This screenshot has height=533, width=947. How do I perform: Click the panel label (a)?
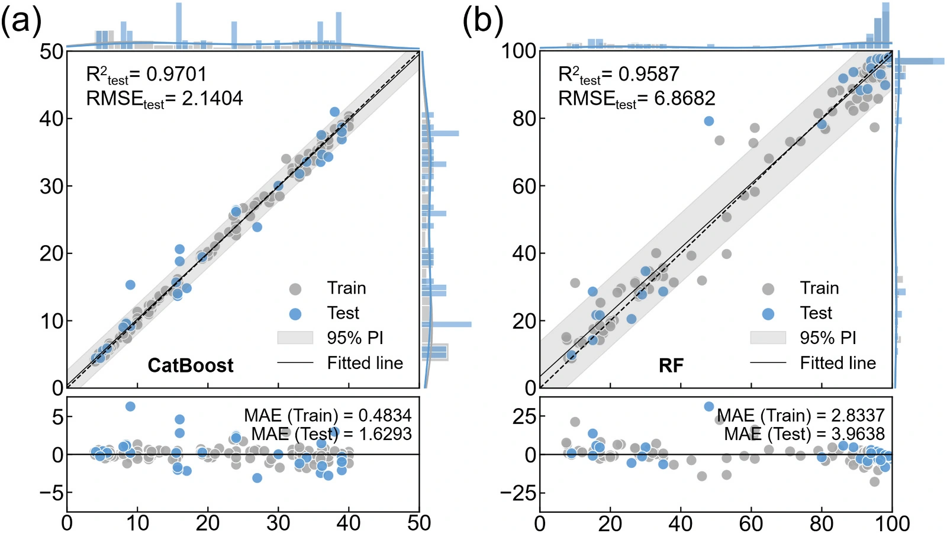[x=21, y=20]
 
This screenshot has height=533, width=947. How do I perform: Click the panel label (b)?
[x=483, y=20]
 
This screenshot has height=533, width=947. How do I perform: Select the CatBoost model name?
[x=190, y=365]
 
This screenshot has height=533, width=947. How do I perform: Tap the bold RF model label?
[x=671, y=365]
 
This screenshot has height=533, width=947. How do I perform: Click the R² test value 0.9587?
[x=649, y=74]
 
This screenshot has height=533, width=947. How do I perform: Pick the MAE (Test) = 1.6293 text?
[x=331, y=434]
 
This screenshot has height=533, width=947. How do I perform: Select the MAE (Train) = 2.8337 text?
[x=801, y=415]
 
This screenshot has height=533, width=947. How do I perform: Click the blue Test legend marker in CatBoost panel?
[x=295, y=314]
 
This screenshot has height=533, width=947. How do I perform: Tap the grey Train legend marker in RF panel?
[x=768, y=289]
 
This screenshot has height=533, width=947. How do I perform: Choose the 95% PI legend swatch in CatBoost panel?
[x=295, y=338]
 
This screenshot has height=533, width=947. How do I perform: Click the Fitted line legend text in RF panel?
[x=838, y=363]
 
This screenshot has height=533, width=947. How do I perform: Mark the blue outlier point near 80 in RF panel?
[x=709, y=121]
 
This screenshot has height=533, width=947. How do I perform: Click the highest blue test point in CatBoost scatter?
[x=335, y=112]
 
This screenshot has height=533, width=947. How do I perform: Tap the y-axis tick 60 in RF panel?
[x=524, y=186]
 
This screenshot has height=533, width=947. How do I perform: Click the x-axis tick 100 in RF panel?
[x=892, y=524]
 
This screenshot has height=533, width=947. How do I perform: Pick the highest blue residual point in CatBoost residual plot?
[x=130, y=406]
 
